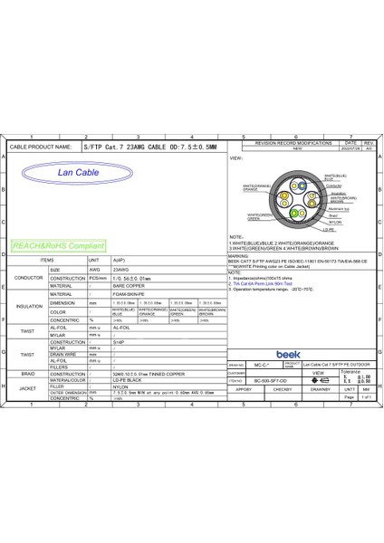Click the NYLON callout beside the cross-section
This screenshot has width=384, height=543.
(333, 222)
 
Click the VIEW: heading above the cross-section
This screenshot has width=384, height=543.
(237, 158)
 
